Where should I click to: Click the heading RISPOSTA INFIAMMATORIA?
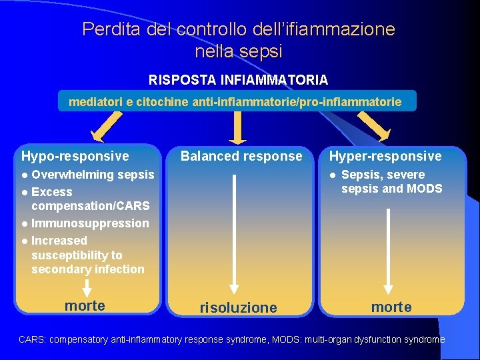238,80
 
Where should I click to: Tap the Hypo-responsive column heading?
75,156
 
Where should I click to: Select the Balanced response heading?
241,156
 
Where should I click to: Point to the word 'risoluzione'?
238,307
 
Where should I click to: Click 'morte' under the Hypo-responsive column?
85,305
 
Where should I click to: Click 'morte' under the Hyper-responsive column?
391,307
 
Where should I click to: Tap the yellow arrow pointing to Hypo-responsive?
107,127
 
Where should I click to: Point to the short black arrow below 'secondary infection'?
85,287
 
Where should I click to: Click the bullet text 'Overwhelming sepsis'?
93,175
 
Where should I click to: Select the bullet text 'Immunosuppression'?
90,223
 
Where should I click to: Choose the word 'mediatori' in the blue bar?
93,102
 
